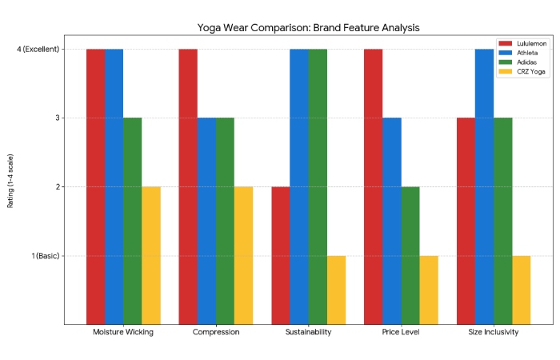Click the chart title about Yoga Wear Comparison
point(308,27)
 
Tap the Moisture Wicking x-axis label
point(123,332)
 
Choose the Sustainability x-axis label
point(308,332)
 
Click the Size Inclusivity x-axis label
point(494,332)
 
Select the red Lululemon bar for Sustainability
point(281,255)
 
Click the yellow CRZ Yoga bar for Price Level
point(429,290)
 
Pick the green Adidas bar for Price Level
point(410,255)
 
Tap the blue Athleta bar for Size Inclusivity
point(485,186)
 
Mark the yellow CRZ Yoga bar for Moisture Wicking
point(151,255)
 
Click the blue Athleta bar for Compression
point(206,221)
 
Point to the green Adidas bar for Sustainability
point(318,186)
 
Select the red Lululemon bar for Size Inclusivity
point(466,221)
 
